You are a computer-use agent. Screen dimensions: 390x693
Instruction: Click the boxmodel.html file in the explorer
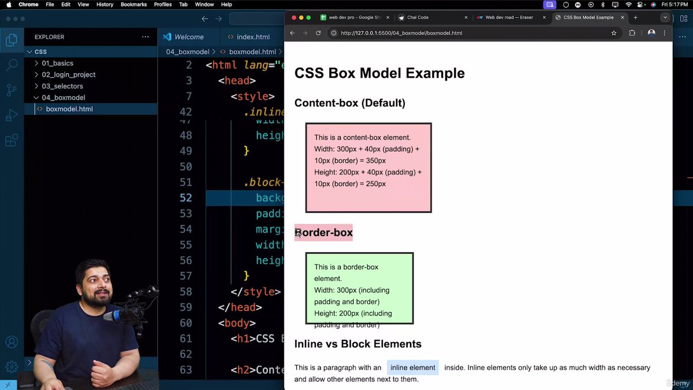pos(69,109)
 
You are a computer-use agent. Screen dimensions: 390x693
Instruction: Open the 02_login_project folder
pos(68,74)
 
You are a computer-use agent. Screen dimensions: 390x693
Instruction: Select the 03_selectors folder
pos(62,86)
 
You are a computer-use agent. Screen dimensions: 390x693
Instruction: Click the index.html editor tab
pos(253,37)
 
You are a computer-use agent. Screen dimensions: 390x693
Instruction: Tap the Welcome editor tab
pos(188,37)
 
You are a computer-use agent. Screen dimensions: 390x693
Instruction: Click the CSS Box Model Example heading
pos(379,73)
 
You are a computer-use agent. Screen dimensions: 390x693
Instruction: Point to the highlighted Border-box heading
pos(323,232)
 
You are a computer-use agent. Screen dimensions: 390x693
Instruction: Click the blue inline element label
pos(412,367)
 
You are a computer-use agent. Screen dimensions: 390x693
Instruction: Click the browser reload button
pos(318,33)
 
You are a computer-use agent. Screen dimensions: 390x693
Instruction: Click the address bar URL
pos(401,33)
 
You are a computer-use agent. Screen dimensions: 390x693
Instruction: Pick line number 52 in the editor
pos(185,198)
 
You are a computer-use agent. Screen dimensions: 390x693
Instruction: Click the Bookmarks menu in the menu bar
pos(133,5)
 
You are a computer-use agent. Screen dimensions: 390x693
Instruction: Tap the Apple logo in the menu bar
pos(8,5)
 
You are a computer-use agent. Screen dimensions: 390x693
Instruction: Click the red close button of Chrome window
pos(294,17)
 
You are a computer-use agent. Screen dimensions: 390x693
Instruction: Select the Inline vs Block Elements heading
pos(357,344)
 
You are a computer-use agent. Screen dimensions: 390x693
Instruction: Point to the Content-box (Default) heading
pos(349,103)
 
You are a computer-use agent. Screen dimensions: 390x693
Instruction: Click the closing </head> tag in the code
pos(240,307)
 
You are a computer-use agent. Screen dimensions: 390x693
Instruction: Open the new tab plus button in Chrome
pos(635,17)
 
